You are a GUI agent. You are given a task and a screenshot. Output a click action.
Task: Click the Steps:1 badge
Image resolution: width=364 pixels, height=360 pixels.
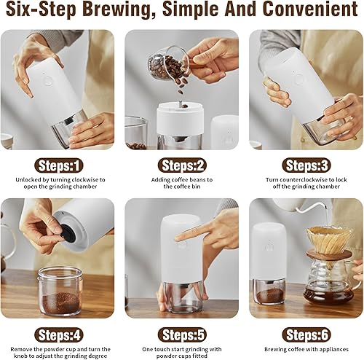pos(59,166)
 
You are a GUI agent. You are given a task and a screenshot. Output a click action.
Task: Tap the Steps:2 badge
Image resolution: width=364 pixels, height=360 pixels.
pos(182,166)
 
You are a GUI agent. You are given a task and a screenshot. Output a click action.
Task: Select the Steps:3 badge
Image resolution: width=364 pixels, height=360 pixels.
pos(306,166)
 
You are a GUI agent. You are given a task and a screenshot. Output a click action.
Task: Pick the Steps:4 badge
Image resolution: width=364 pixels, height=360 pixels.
pos(59,335)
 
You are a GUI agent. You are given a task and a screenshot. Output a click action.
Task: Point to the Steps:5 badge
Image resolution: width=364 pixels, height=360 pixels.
pos(182,335)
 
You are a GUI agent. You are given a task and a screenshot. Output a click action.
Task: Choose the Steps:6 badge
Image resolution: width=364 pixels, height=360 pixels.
pos(306,335)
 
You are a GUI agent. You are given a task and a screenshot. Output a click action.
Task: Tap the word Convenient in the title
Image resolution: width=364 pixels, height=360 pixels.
pos(310,9)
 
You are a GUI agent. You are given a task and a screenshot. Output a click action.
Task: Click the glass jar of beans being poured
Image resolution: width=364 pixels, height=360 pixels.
pos(167,63)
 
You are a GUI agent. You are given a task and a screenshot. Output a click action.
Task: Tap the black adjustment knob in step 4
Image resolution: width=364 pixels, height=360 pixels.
pos(68,232)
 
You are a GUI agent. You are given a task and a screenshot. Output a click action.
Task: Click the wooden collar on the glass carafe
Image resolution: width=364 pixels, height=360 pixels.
pos(329,254)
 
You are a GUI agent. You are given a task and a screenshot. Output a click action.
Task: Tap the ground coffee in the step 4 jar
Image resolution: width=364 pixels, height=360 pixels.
pos(60,302)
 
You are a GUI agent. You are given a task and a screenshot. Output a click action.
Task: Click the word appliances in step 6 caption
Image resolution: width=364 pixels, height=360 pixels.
pos(333,350)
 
